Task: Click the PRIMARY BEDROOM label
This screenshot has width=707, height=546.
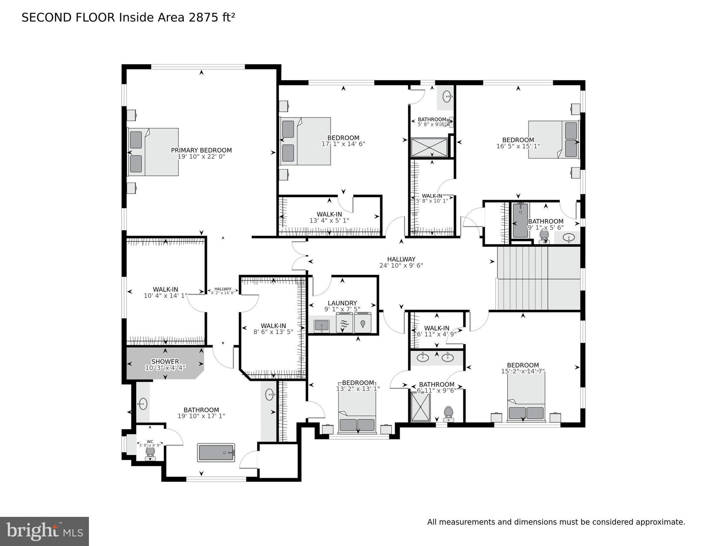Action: (201, 150)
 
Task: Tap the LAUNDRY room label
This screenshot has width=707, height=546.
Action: (342, 303)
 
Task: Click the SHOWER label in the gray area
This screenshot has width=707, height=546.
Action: (165, 362)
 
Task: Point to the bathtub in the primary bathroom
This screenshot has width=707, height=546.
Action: (216, 453)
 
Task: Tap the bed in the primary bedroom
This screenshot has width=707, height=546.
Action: (154, 152)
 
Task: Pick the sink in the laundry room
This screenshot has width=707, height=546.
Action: (322, 326)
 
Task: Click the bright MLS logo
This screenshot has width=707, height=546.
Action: (44, 531)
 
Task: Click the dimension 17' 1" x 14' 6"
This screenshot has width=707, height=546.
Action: (343, 144)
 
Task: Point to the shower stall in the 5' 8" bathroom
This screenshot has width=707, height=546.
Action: (429, 147)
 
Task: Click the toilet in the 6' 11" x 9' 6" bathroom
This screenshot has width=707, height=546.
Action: (448, 413)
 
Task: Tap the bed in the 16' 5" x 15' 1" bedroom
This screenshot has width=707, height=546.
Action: (554, 139)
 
